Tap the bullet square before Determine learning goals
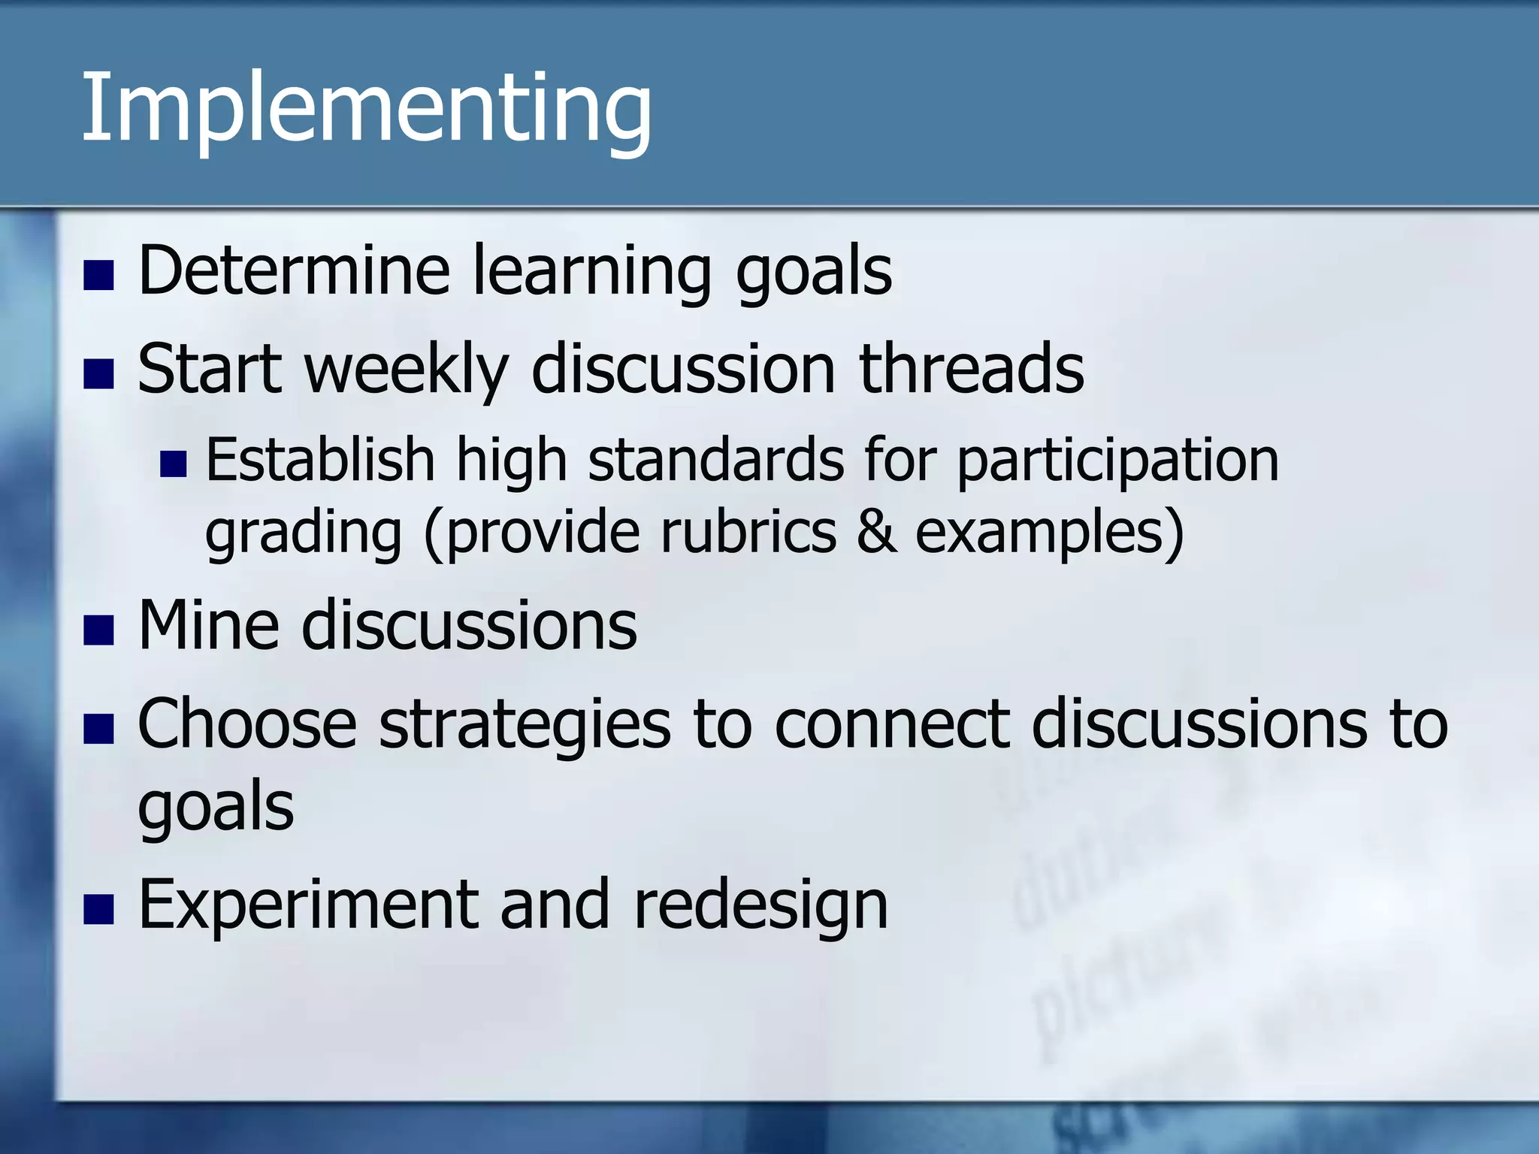[x=98, y=276]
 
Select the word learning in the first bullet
[x=591, y=272]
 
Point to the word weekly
[x=406, y=370]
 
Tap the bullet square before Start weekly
[x=98, y=374]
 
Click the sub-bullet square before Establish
[x=173, y=464]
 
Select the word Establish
[x=320, y=460]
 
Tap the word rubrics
[x=748, y=532]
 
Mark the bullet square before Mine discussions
[x=98, y=630]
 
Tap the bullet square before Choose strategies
[x=98, y=729]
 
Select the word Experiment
[x=308, y=905]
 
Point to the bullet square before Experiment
[x=98, y=909]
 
